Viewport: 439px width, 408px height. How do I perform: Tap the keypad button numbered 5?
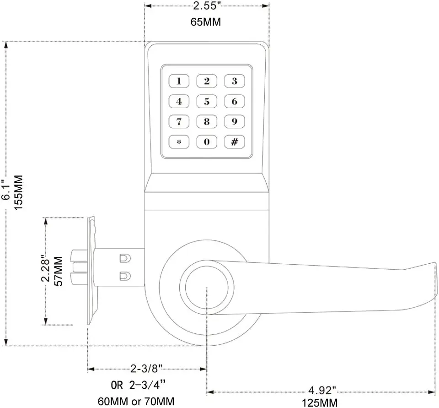(207, 102)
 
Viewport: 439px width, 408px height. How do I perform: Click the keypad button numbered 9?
(234, 122)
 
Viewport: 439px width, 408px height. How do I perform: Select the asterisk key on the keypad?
(179, 142)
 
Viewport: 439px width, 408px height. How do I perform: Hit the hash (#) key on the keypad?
(234, 142)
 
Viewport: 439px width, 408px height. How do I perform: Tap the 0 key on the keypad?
(207, 142)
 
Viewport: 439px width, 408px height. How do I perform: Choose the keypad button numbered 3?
(234, 82)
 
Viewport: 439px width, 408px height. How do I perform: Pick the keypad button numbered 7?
(179, 122)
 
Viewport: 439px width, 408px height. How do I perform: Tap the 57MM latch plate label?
(59, 271)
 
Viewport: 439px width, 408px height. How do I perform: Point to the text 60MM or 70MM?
(136, 402)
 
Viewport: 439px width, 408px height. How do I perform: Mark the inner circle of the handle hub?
(207, 288)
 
